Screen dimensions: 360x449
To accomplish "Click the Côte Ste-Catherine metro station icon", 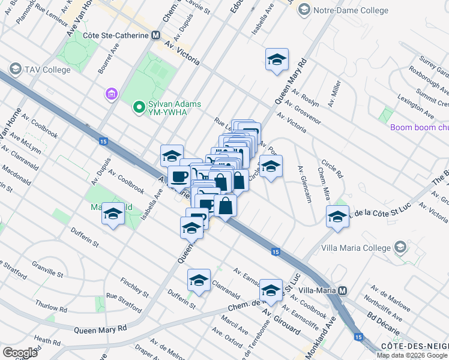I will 156,35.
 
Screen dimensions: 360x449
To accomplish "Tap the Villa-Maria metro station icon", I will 343,290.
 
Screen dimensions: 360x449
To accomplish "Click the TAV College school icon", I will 15,69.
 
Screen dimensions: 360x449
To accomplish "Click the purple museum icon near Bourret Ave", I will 110,94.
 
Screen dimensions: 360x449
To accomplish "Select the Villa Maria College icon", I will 400,247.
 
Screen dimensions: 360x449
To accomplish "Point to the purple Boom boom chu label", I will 419,127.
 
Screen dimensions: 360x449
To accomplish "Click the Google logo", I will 20,352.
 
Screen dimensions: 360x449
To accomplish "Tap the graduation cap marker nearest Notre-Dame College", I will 277,59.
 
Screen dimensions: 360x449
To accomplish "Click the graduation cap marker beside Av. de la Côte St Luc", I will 337,217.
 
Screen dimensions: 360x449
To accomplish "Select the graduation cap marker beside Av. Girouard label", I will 271,290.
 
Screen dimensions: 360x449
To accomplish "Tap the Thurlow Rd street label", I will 50,307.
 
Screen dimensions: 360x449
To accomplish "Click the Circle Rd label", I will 331,169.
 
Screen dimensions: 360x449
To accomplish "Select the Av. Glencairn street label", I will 305,184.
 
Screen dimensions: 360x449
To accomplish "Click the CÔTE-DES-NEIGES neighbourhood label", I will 414,346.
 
